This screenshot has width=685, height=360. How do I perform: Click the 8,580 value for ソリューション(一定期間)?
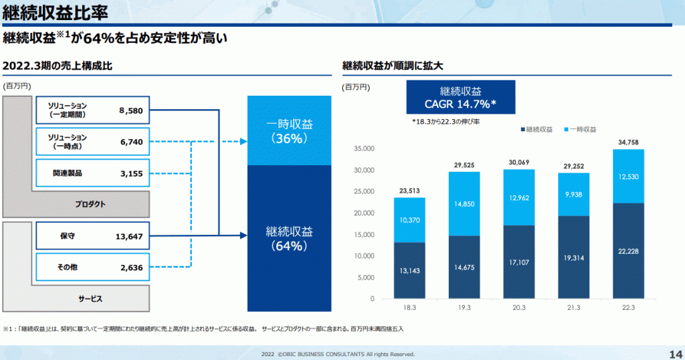tap(130, 110)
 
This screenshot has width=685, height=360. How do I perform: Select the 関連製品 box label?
tap(68, 173)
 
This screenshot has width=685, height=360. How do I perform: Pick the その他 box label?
tap(67, 267)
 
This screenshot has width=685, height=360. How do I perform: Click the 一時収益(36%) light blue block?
tap(290, 130)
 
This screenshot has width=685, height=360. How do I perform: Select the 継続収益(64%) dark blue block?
tap(290, 238)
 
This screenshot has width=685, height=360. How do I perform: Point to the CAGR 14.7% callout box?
tap(461, 98)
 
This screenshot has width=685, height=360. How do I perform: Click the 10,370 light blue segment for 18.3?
tap(409, 220)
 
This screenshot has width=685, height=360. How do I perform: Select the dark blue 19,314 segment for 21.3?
tap(573, 257)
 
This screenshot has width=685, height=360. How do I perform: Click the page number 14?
tap(674, 353)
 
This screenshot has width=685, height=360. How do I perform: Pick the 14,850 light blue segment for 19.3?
tap(464, 203)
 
